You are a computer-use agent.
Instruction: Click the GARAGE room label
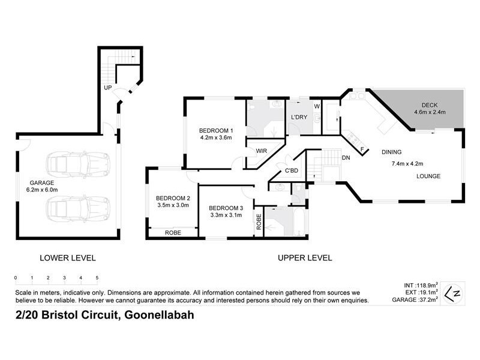pos(42,182)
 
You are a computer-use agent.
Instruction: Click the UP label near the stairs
pos(108,88)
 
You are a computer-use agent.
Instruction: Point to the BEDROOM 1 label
pos(215,131)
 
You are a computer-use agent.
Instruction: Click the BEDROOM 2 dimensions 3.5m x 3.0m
pos(173,205)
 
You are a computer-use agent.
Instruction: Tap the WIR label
pos(262,151)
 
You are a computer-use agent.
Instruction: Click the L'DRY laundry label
pos(299,117)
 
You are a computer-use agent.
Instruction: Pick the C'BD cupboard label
pos(292,170)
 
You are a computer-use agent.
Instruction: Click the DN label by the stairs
pos(346,158)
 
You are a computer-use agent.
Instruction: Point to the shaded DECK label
pos(429,104)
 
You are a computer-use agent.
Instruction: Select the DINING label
pos(391,152)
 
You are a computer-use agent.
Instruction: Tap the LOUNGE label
pos(428,176)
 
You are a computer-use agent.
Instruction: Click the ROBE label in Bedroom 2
pos(174,233)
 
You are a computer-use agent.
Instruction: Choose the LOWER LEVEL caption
pos(67,258)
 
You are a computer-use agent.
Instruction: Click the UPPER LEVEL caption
pos(305,258)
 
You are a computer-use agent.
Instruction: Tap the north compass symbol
pos(456,292)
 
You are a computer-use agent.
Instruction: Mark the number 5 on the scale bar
pos(97,278)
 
